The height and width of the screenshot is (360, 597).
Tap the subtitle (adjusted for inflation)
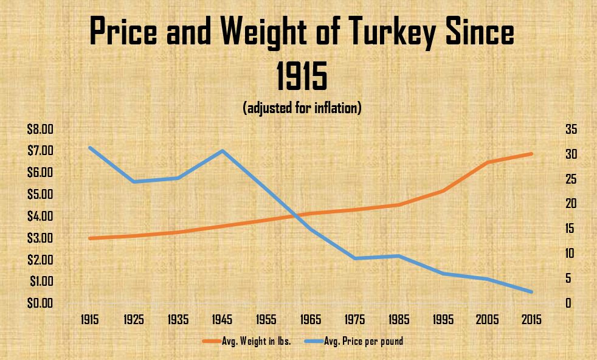point(302,109)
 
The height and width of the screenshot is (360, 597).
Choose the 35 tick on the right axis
point(570,129)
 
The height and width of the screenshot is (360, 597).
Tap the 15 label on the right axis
point(570,229)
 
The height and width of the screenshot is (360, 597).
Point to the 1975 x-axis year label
point(356,320)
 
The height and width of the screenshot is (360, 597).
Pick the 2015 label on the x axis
point(533,320)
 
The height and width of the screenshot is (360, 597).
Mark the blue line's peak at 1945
point(223,150)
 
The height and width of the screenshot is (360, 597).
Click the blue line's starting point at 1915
point(91,148)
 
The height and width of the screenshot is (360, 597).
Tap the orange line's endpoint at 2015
point(532,154)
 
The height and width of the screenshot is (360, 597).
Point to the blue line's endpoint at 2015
point(532,292)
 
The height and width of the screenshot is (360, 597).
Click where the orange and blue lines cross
point(297,215)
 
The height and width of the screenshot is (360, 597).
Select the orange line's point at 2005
point(488,162)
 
